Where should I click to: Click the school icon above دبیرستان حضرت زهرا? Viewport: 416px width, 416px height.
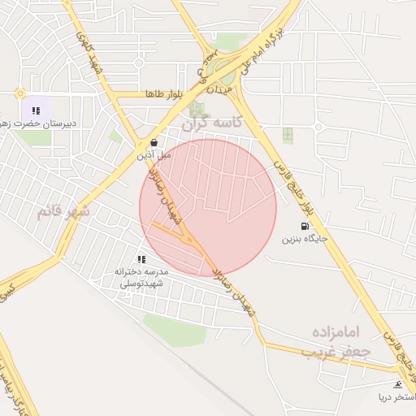(x=36, y=110)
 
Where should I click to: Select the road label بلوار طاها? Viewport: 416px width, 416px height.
(x=161, y=94)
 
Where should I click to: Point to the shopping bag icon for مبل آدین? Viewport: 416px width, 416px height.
(x=154, y=141)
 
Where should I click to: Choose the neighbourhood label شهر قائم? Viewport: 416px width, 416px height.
(x=63, y=212)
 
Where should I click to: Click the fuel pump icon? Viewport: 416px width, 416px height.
(x=304, y=226)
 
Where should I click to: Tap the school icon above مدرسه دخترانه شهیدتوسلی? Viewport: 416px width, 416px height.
(x=142, y=258)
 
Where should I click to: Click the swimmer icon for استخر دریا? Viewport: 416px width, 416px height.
(x=397, y=383)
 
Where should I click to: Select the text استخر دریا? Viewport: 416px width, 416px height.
(x=394, y=397)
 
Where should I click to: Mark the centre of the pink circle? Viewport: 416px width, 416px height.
(x=208, y=207)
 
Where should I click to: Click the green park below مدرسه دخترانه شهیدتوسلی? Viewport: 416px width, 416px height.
(x=175, y=330)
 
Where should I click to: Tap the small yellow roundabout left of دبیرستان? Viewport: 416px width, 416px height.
(x=19, y=93)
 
